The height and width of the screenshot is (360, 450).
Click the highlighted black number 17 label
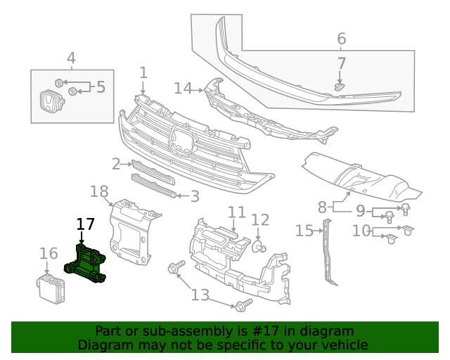pos(85,224)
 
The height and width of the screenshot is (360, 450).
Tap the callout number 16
pos(49,254)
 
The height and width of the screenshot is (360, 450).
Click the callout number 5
pos(101,87)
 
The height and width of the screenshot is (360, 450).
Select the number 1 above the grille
pos(143,72)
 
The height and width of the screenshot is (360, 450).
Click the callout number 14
pos(183,88)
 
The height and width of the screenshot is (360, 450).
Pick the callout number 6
pos(342,39)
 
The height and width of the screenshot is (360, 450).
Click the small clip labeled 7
pos(339,86)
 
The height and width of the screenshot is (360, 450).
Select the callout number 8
pos(322,207)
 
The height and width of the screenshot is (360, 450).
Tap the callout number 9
pos(360,210)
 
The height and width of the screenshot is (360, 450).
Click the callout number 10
pos(361,230)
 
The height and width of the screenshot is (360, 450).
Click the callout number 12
pos(260,221)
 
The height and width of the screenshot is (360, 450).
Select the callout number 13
pos(200,294)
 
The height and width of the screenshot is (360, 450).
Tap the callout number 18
pos(99,191)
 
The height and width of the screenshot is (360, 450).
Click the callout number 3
pos(195,197)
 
